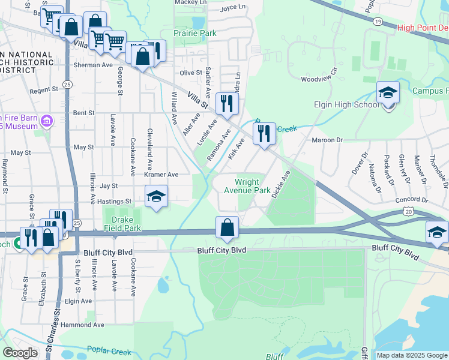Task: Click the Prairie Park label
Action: click(195, 34)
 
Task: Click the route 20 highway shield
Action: click(409, 211)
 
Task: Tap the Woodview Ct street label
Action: click(320, 79)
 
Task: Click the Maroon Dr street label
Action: click(327, 140)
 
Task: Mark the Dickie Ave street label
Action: click(280, 184)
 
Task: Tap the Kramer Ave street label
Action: click(161, 175)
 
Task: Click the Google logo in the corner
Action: click(20, 353)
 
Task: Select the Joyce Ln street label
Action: click(234, 8)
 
